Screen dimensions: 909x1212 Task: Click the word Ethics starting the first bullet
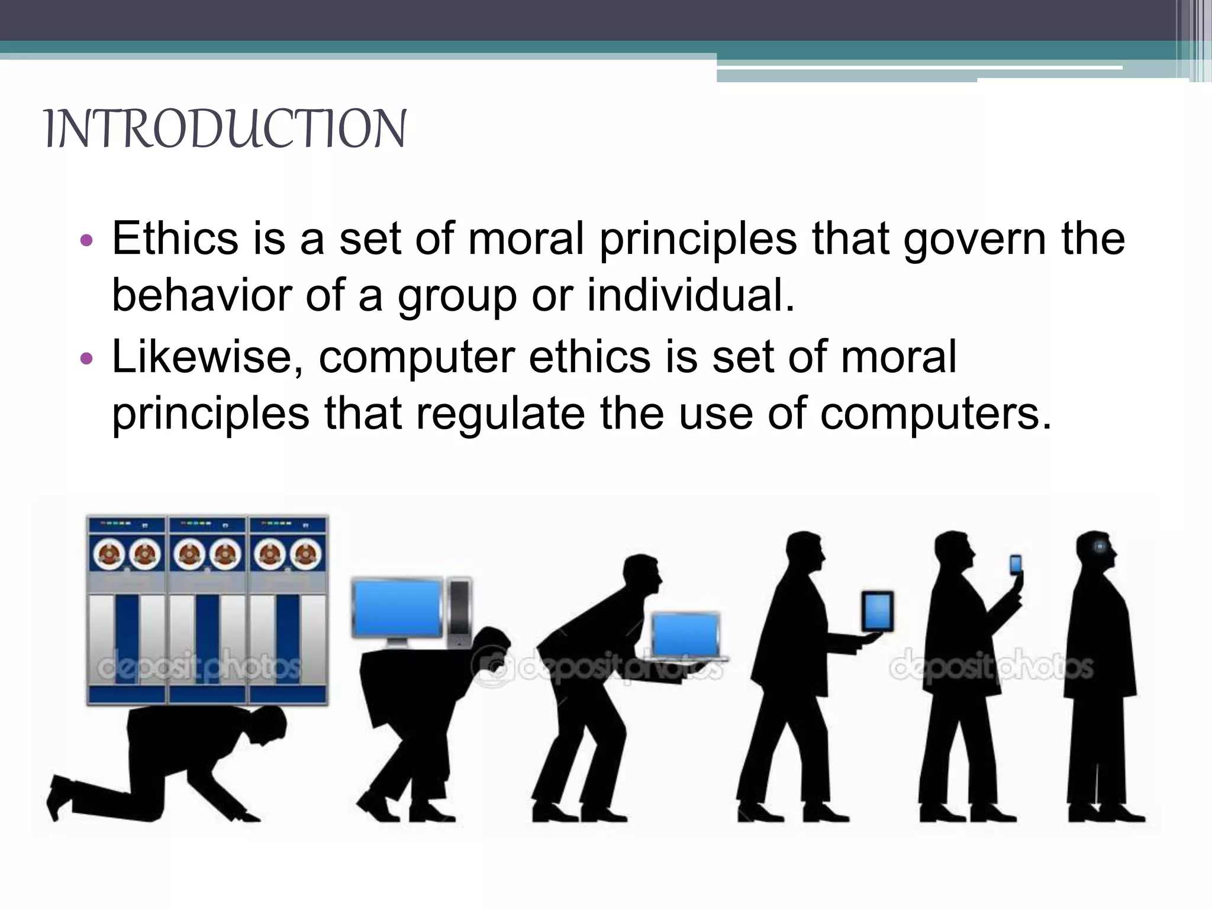tap(175, 238)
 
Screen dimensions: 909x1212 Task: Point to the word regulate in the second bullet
tap(500, 414)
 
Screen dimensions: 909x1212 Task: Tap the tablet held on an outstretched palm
tap(877, 611)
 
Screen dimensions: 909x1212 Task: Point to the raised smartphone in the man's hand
tap(1016, 565)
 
